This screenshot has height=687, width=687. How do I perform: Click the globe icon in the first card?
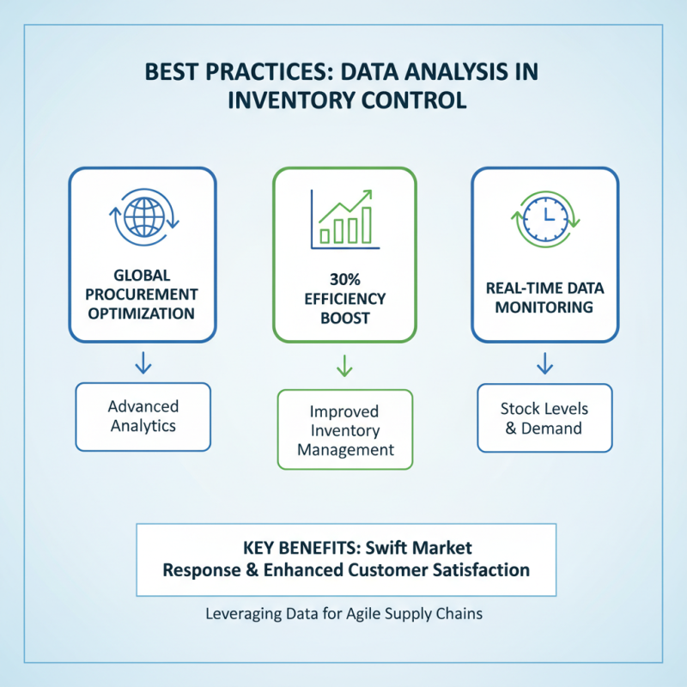(x=143, y=217)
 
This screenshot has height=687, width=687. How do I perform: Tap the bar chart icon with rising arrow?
(x=344, y=217)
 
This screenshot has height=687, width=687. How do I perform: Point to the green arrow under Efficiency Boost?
(x=344, y=367)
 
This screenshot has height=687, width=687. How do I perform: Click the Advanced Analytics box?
(x=143, y=416)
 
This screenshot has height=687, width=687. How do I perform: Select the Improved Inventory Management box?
(x=344, y=429)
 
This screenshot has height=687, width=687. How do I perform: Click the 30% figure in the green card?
(x=344, y=280)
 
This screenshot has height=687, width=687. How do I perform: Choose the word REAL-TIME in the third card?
(x=512, y=288)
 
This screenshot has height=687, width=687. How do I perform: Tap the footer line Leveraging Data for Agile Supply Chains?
(x=344, y=614)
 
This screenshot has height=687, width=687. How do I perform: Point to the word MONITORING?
(x=544, y=307)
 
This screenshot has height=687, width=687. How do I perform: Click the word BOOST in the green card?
(x=344, y=318)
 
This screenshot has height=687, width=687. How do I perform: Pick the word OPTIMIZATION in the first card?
(x=143, y=313)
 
